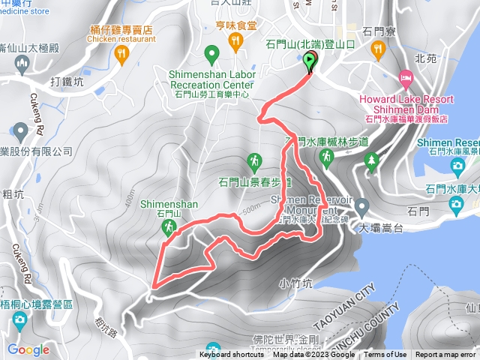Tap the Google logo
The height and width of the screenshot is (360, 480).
28,349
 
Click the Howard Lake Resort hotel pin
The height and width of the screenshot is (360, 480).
406,78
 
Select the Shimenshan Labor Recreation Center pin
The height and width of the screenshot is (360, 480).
211,54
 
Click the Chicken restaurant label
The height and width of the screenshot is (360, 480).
120,38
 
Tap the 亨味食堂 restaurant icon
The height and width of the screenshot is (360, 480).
237,40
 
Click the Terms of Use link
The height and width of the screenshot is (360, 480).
385,355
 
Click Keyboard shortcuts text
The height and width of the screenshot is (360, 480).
232,355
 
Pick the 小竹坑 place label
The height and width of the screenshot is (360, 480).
294,283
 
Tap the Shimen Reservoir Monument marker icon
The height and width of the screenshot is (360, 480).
361,205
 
